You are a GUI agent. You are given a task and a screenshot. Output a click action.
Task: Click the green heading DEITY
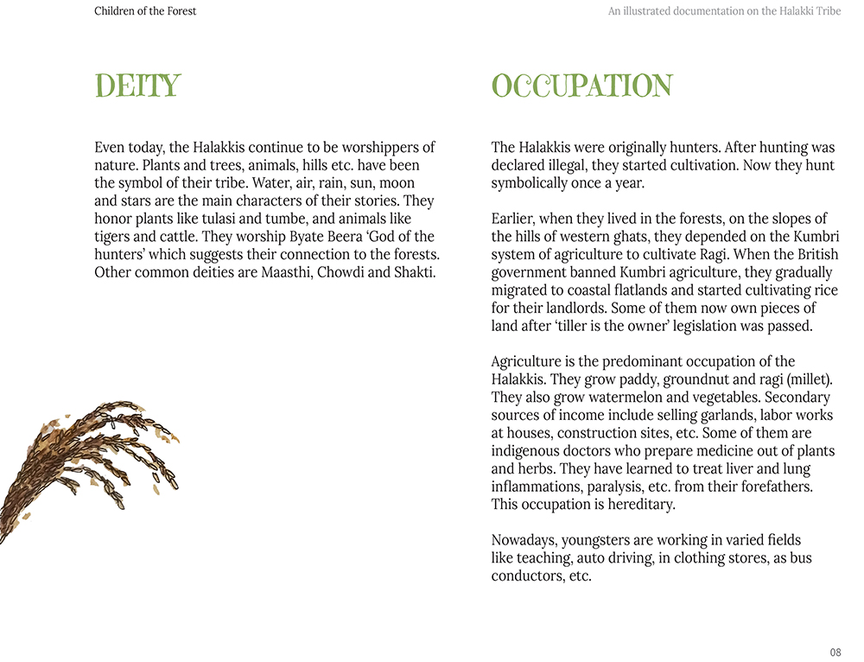click(137, 86)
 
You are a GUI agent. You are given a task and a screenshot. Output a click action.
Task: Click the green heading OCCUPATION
click(581, 86)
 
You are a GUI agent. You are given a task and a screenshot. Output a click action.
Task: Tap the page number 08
click(835, 652)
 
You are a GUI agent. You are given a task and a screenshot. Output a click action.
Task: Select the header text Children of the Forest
click(145, 11)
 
